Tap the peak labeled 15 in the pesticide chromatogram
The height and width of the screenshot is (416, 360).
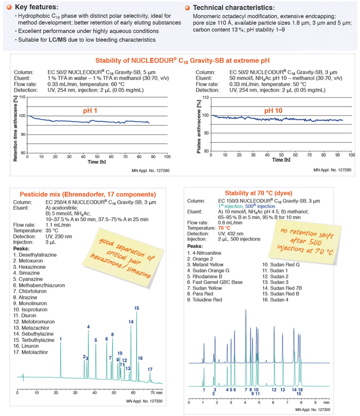pos(136,308)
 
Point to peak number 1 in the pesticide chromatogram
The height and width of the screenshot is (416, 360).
pos(61,338)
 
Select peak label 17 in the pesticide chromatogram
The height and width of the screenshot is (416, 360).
pos(150,369)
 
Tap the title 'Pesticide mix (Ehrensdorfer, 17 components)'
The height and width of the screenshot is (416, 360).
pos(88,194)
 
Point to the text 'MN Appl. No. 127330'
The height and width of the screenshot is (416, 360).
pos(146,401)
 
